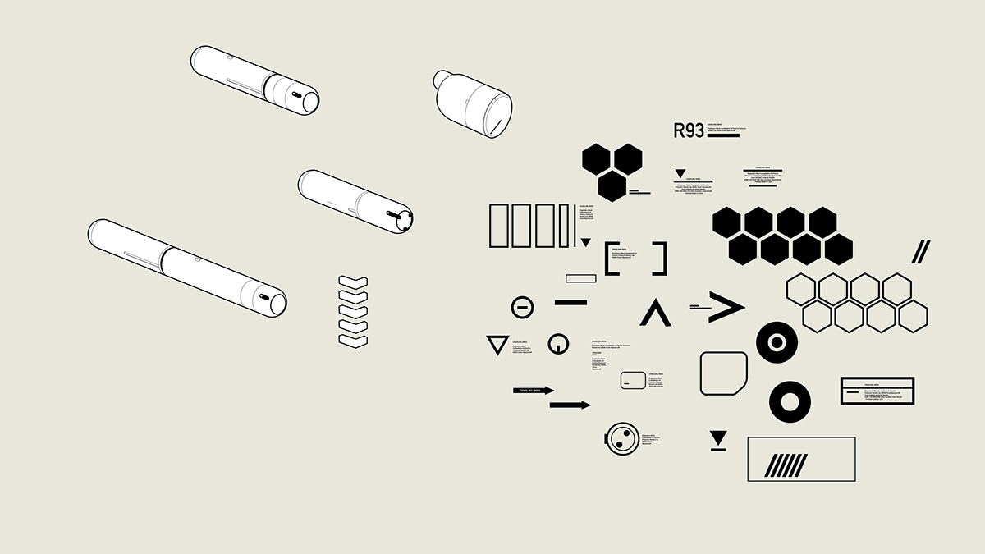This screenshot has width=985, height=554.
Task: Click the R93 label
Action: click(689, 130)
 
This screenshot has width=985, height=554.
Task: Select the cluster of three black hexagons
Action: click(612, 171)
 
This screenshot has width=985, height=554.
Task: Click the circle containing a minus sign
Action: click(522, 308)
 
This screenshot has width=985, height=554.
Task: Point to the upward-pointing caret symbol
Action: click(655, 313)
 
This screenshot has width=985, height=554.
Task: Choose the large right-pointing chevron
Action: click(726, 307)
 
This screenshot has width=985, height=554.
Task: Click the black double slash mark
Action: click(921, 252)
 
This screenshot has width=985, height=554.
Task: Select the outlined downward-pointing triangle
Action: click(497, 345)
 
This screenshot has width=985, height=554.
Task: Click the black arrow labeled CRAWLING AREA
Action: click(534, 391)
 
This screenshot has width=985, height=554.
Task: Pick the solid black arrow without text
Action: click(570, 405)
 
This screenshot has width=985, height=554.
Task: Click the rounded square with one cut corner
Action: click(723, 373)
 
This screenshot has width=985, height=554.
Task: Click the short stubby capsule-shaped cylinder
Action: click(473, 103)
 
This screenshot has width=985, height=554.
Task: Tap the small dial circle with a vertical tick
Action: click(558, 345)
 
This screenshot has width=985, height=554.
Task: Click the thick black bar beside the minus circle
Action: click(570, 302)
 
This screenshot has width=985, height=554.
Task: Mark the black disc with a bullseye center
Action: click(776, 341)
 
